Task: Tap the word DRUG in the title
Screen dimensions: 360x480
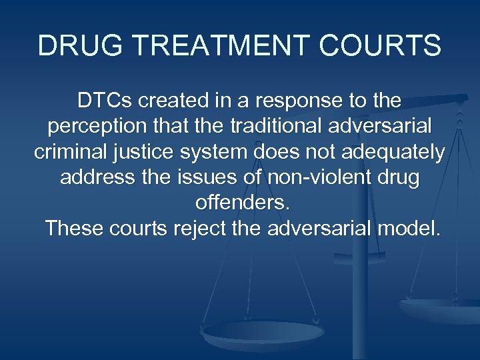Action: [67, 46]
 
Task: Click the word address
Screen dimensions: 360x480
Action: [93, 178]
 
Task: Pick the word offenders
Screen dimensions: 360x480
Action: [239, 203]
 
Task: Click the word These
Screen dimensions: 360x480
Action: [73, 229]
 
